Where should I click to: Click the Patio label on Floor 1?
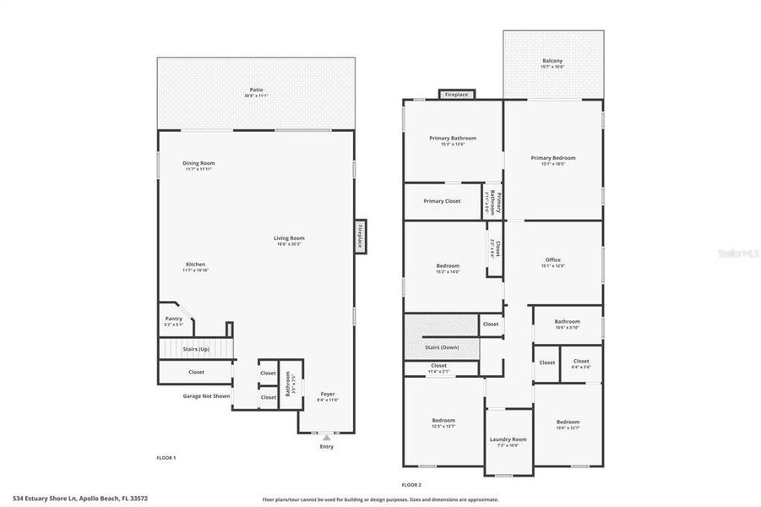point(256,90)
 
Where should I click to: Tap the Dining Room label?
point(199,163)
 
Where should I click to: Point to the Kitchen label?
point(195,264)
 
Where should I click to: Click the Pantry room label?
point(173,319)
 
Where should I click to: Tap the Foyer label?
point(329,395)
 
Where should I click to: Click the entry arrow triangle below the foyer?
point(326,439)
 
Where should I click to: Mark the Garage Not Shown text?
point(207,395)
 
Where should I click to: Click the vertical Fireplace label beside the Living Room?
point(359,234)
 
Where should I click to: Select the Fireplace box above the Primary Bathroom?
point(457,95)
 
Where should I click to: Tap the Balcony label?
point(553,61)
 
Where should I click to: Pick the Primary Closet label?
point(442,201)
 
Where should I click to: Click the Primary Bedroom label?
point(553,158)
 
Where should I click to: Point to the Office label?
point(553,259)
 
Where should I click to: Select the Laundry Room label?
point(508,439)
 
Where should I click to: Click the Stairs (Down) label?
point(442,347)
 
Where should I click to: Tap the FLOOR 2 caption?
point(411,484)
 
